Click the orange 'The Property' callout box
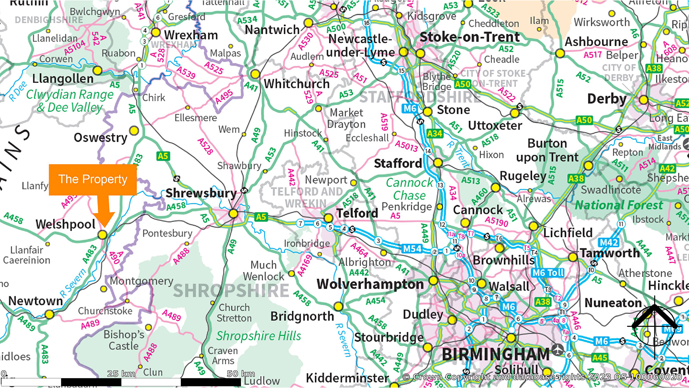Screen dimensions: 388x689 point(93,179)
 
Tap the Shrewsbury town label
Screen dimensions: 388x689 point(201,193)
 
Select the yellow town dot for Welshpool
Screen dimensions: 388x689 point(102,235)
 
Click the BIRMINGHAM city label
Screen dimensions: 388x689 point(496,354)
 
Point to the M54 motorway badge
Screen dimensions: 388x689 point(412,248)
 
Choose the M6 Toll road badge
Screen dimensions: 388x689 point(548,273)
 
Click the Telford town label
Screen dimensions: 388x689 point(357,213)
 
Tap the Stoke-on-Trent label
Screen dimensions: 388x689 point(470,37)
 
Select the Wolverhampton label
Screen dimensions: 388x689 point(370,284)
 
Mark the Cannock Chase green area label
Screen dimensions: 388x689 point(409,189)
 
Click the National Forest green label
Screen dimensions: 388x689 point(619,205)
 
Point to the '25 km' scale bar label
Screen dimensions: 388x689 point(121,373)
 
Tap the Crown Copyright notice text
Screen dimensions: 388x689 point(542,377)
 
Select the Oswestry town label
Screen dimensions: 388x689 point(100,138)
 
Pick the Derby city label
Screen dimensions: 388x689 point(606,99)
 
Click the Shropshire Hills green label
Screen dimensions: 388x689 point(258,336)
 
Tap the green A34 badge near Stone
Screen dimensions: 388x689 point(435,134)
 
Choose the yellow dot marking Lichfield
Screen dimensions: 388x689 point(534,226)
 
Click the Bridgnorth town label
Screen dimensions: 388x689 point(302,316)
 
